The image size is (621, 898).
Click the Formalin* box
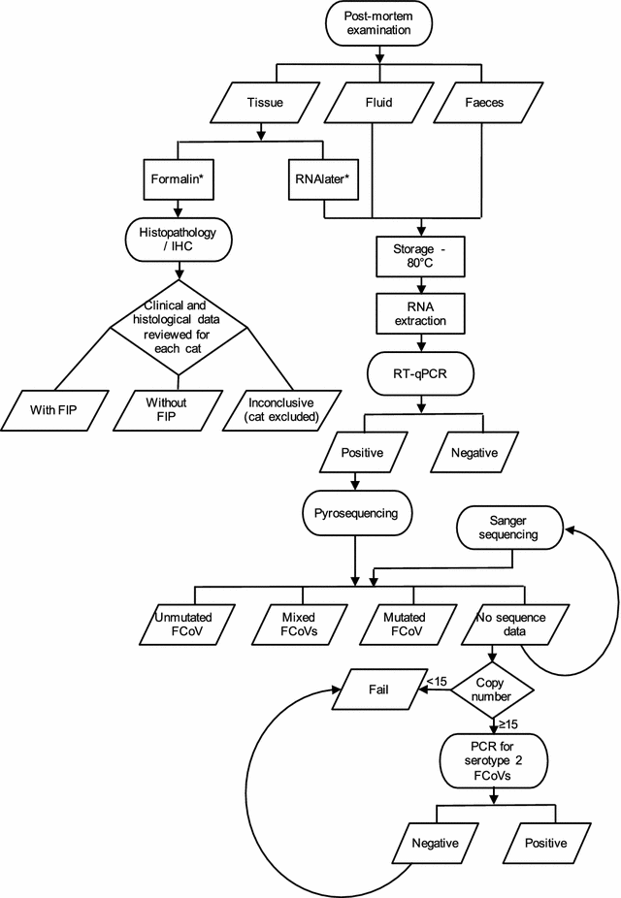(177, 178)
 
